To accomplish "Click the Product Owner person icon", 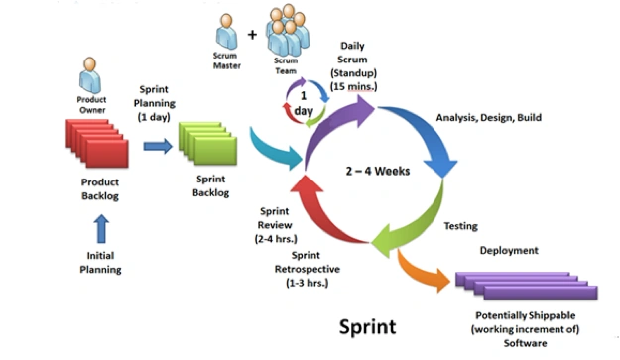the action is pyautogui.click(x=89, y=75).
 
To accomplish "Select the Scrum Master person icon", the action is pyautogui.click(x=226, y=32).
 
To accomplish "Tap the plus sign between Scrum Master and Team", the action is pyautogui.click(x=252, y=35).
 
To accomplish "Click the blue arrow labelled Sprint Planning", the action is pyautogui.click(x=158, y=146).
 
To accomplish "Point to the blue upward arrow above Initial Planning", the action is pyautogui.click(x=101, y=228).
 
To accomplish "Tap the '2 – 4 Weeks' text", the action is pyautogui.click(x=378, y=171).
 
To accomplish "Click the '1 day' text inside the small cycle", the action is pyautogui.click(x=304, y=103).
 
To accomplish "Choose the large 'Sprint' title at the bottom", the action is pyautogui.click(x=368, y=327).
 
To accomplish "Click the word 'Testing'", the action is pyautogui.click(x=460, y=226).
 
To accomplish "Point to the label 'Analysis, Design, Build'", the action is pyautogui.click(x=489, y=117).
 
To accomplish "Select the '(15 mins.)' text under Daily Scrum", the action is pyautogui.click(x=353, y=86).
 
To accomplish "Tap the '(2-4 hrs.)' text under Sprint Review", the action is pyautogui.click(x=276, y=239).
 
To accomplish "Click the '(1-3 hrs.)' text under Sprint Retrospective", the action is pyautogui.click(x=308, y=283).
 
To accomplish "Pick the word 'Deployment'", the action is pyautogui.click(x=509, y=250).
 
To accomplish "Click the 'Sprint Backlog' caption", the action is pyautogui.click(x=210, y=185).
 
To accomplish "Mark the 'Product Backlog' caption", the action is pyautogui.click(x=100, y=188).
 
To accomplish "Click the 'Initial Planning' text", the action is pyautogui.click(x=100, y=263).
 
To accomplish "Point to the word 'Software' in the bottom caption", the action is pyautogui.click(x=525, y=343).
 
